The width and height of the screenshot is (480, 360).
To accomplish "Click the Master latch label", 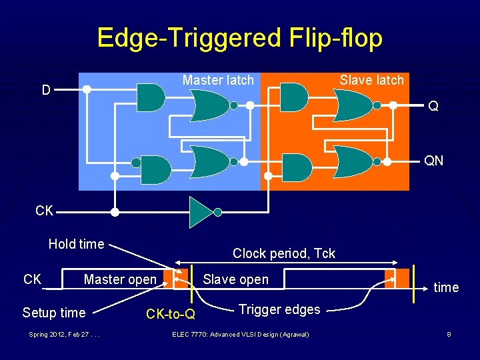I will [x=218, y=80].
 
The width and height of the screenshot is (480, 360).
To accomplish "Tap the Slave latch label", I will [x=371, y=80].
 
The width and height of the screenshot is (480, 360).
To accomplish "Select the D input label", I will [x=46, y=89].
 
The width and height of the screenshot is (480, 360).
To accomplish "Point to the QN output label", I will [x=434, y=161].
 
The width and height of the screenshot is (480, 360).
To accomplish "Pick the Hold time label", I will [x=76, y=244].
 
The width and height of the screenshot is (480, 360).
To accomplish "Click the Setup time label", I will [x=54, y=313].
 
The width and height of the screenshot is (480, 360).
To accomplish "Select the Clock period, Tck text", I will [x=284, y=253].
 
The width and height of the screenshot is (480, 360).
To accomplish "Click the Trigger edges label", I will [x=279, y=309].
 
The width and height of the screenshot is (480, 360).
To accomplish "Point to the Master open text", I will [x=120, y=279].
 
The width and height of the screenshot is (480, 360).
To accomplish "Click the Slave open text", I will [x=236, y=279].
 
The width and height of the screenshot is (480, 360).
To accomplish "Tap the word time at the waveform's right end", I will [x=446, y=287].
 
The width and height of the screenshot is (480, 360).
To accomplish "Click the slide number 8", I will [x=449, y=333].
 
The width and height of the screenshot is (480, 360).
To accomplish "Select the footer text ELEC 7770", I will [x=240, y=333].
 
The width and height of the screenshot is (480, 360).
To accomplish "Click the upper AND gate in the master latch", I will [x=150, y=97].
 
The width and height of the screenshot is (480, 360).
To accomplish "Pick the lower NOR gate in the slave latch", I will [x=353, y=161].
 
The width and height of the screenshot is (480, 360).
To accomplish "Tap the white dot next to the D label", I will [x=87, y=89].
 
